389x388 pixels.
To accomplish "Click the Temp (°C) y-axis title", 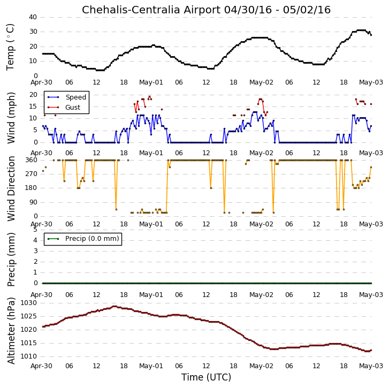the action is (10, 47).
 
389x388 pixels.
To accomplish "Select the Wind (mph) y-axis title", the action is (11, 118).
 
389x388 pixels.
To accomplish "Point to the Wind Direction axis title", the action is (11, 188).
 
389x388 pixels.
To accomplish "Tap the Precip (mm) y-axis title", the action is (11, 260).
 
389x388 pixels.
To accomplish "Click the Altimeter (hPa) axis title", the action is (11, 331).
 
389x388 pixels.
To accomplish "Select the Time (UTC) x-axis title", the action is (206, 377).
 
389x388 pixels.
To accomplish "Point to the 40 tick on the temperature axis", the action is (33, 17).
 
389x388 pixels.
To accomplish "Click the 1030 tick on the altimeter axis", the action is (28, 303).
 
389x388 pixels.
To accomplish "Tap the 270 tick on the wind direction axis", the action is (31, 173).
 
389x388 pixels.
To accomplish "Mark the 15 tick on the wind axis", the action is (33, 106).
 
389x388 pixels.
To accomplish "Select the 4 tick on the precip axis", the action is (35, 240).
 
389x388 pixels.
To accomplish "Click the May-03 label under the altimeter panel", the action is (371, 366).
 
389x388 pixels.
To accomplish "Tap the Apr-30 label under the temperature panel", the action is (41, 82).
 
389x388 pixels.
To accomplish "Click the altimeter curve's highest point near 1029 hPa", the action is (115, 306).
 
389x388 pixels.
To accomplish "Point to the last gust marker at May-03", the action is (371, 104).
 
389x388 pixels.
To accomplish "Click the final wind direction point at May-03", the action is (371, 167).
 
